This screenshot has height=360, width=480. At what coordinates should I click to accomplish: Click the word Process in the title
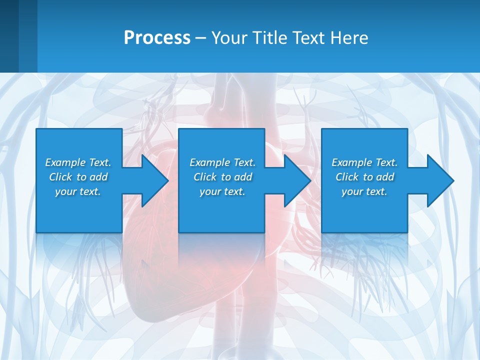157,38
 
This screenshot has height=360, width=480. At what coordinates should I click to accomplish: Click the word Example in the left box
65,162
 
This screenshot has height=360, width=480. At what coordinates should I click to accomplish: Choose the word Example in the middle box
209,162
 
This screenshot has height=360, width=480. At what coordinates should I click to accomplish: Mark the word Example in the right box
351,162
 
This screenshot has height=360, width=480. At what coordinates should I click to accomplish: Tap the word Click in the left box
60,177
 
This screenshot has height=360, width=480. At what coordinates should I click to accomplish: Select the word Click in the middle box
205,177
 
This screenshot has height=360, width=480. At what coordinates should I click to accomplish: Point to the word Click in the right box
347,177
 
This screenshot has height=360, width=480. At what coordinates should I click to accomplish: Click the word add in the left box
98,177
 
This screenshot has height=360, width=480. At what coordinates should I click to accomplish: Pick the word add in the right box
384,177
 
